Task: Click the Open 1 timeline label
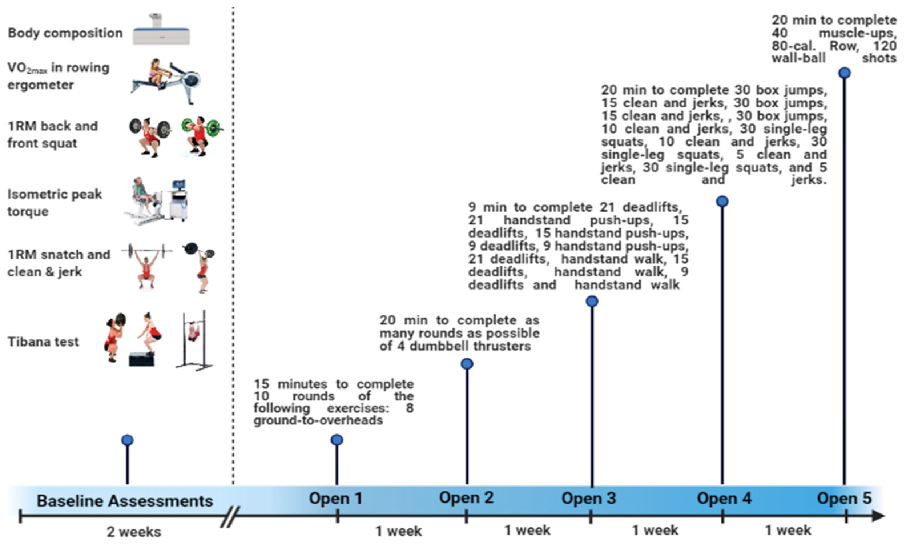click(335, 499)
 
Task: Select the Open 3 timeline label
click(589, 499)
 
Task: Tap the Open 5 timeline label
click(844, 499)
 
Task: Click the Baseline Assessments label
click(124, 501)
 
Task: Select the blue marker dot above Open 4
click(722, 201)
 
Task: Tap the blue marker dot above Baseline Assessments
click(127, 440)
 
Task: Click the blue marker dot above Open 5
click(844, 73)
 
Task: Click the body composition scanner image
click(161, 31)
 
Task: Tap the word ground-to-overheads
click(318, 420)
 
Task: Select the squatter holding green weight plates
click(200, 136)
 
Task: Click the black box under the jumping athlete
click(142, 359)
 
